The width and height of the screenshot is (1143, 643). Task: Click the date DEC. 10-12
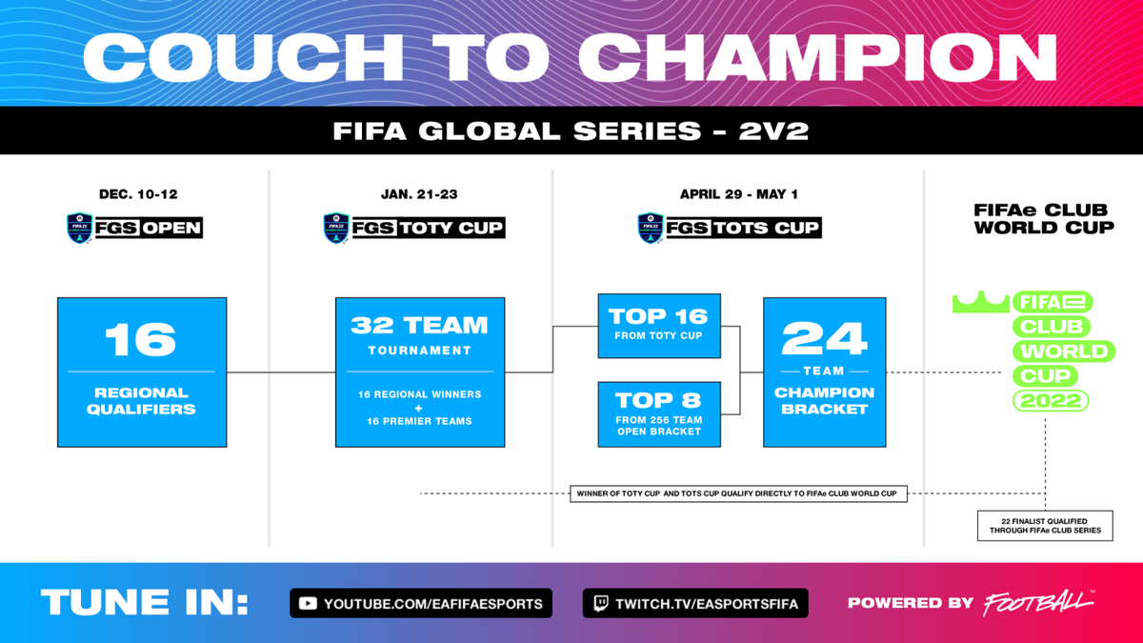pos(138,194)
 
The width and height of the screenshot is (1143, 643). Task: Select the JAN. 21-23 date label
pos(419,194)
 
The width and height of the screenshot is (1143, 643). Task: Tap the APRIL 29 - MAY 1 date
pos(738,194)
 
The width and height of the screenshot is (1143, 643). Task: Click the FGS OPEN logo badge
pos(80,228)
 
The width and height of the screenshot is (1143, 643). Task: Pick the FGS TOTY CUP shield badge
pos(336,228)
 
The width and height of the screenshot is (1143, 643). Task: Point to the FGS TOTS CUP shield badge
pos(651,228)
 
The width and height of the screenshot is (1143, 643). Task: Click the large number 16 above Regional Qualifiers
pos(141,339)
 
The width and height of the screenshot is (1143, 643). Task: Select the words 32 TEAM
pos(419,325)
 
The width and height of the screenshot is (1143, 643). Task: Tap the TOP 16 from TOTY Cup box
pos(659,326)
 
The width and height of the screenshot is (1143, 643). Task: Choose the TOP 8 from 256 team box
pos(659,414)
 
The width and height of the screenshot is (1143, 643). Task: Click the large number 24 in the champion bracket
pos(824,338)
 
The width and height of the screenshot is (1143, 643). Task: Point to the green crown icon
pos(981,302)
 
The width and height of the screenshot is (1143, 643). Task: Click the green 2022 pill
pos(1050,401)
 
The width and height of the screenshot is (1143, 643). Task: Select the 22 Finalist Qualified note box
pos(1045,526)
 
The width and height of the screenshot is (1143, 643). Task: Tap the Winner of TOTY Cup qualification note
pos(738,493)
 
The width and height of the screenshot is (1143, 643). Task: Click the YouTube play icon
pos(308,604)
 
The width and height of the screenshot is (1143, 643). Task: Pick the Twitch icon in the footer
pos(601,604)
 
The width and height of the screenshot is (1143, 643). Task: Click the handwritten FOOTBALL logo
pos(1039,603)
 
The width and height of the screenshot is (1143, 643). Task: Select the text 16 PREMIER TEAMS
pos(419,421)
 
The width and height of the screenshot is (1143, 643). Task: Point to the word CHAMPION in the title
pos(817,58)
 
